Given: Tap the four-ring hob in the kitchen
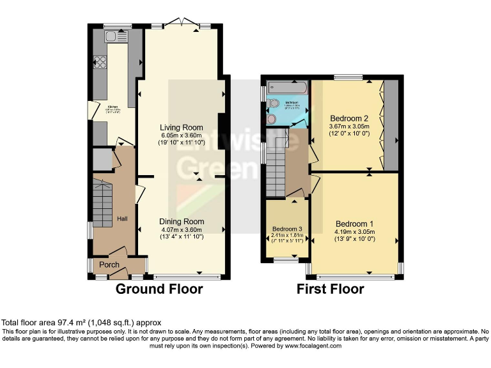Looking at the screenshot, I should click(x=100, y=62).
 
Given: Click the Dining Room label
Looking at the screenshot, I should click(x=181, y=221).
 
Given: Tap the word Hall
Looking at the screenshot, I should click(x=123, y=219).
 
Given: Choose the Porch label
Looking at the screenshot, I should click(x=110, y=264).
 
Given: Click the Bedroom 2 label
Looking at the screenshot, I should click(x=349, y=118).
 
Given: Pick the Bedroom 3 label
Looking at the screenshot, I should click(x=287, y=229).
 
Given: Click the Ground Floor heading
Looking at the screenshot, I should click(x=159, y=289).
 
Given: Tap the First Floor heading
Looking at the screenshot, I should click(x=330, y=289).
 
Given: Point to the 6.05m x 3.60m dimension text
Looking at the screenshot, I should click(x=181, y=135).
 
